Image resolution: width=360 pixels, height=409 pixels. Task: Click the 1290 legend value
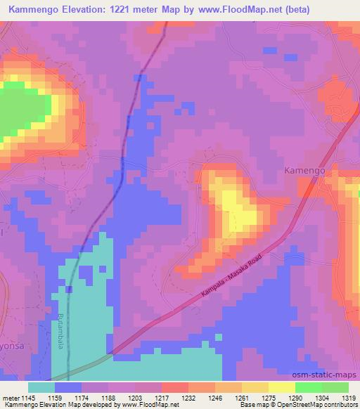coord(295,397)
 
